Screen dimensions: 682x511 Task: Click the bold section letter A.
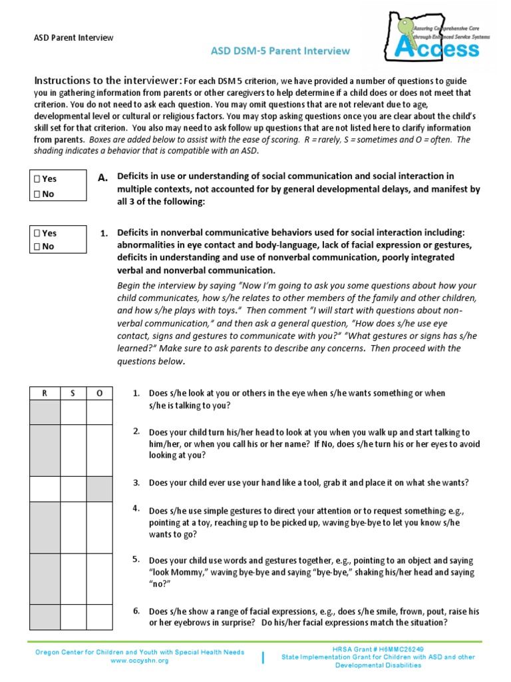[x=102, y=178]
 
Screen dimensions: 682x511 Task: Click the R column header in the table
[x=45, y=393]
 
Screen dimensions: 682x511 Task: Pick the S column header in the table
[x=73, y=393]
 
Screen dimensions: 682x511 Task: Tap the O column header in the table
[x=99, y=393]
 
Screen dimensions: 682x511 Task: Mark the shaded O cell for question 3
[x=99, y=489]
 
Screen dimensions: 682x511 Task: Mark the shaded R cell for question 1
[x=45, y=412]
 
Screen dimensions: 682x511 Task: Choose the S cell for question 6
[x=73, y=616]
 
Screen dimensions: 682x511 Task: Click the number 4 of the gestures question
[x=136, y=509]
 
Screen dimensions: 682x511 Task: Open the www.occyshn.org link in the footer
[x=140, y=660]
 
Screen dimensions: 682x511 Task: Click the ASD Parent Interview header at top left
[x=74, y=38]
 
